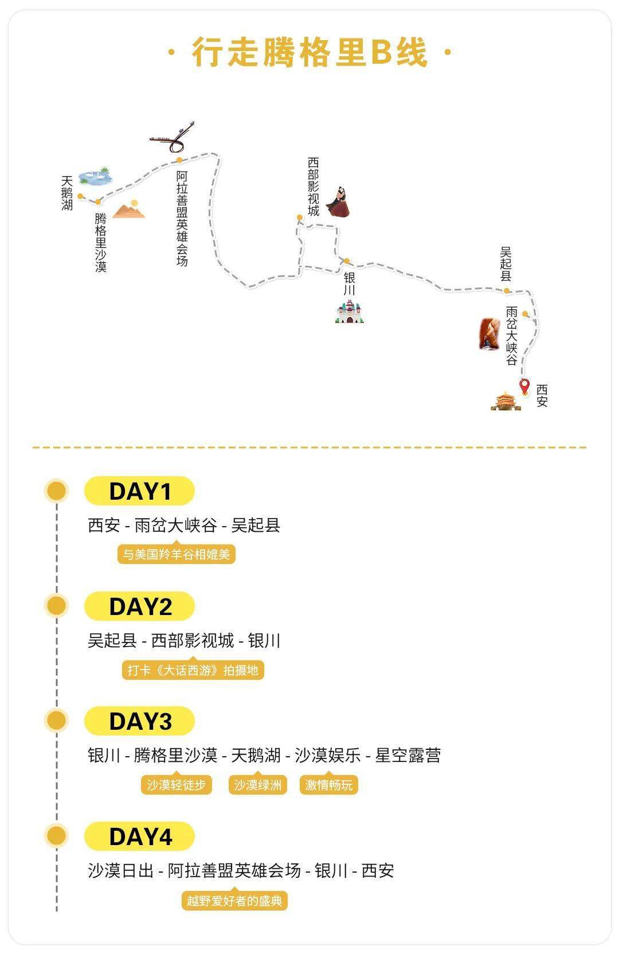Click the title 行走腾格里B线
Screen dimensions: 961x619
309,53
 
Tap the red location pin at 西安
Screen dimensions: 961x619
524,386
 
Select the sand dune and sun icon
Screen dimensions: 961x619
130,210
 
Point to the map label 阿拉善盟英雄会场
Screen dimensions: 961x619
182,218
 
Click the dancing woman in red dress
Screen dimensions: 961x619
339,202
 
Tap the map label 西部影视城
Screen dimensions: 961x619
313,187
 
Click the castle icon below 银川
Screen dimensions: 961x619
350,312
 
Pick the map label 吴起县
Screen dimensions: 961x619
506,264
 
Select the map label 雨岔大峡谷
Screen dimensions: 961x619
511,336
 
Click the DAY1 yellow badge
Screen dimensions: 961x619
140,492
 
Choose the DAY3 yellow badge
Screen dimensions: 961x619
140,721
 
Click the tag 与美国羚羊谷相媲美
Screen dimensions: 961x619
177,555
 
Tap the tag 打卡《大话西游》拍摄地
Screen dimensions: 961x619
193,670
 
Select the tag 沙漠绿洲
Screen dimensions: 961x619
257,785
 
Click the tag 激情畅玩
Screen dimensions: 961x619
328,785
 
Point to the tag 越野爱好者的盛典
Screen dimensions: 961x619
234,901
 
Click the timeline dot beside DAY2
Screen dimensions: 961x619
56,606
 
